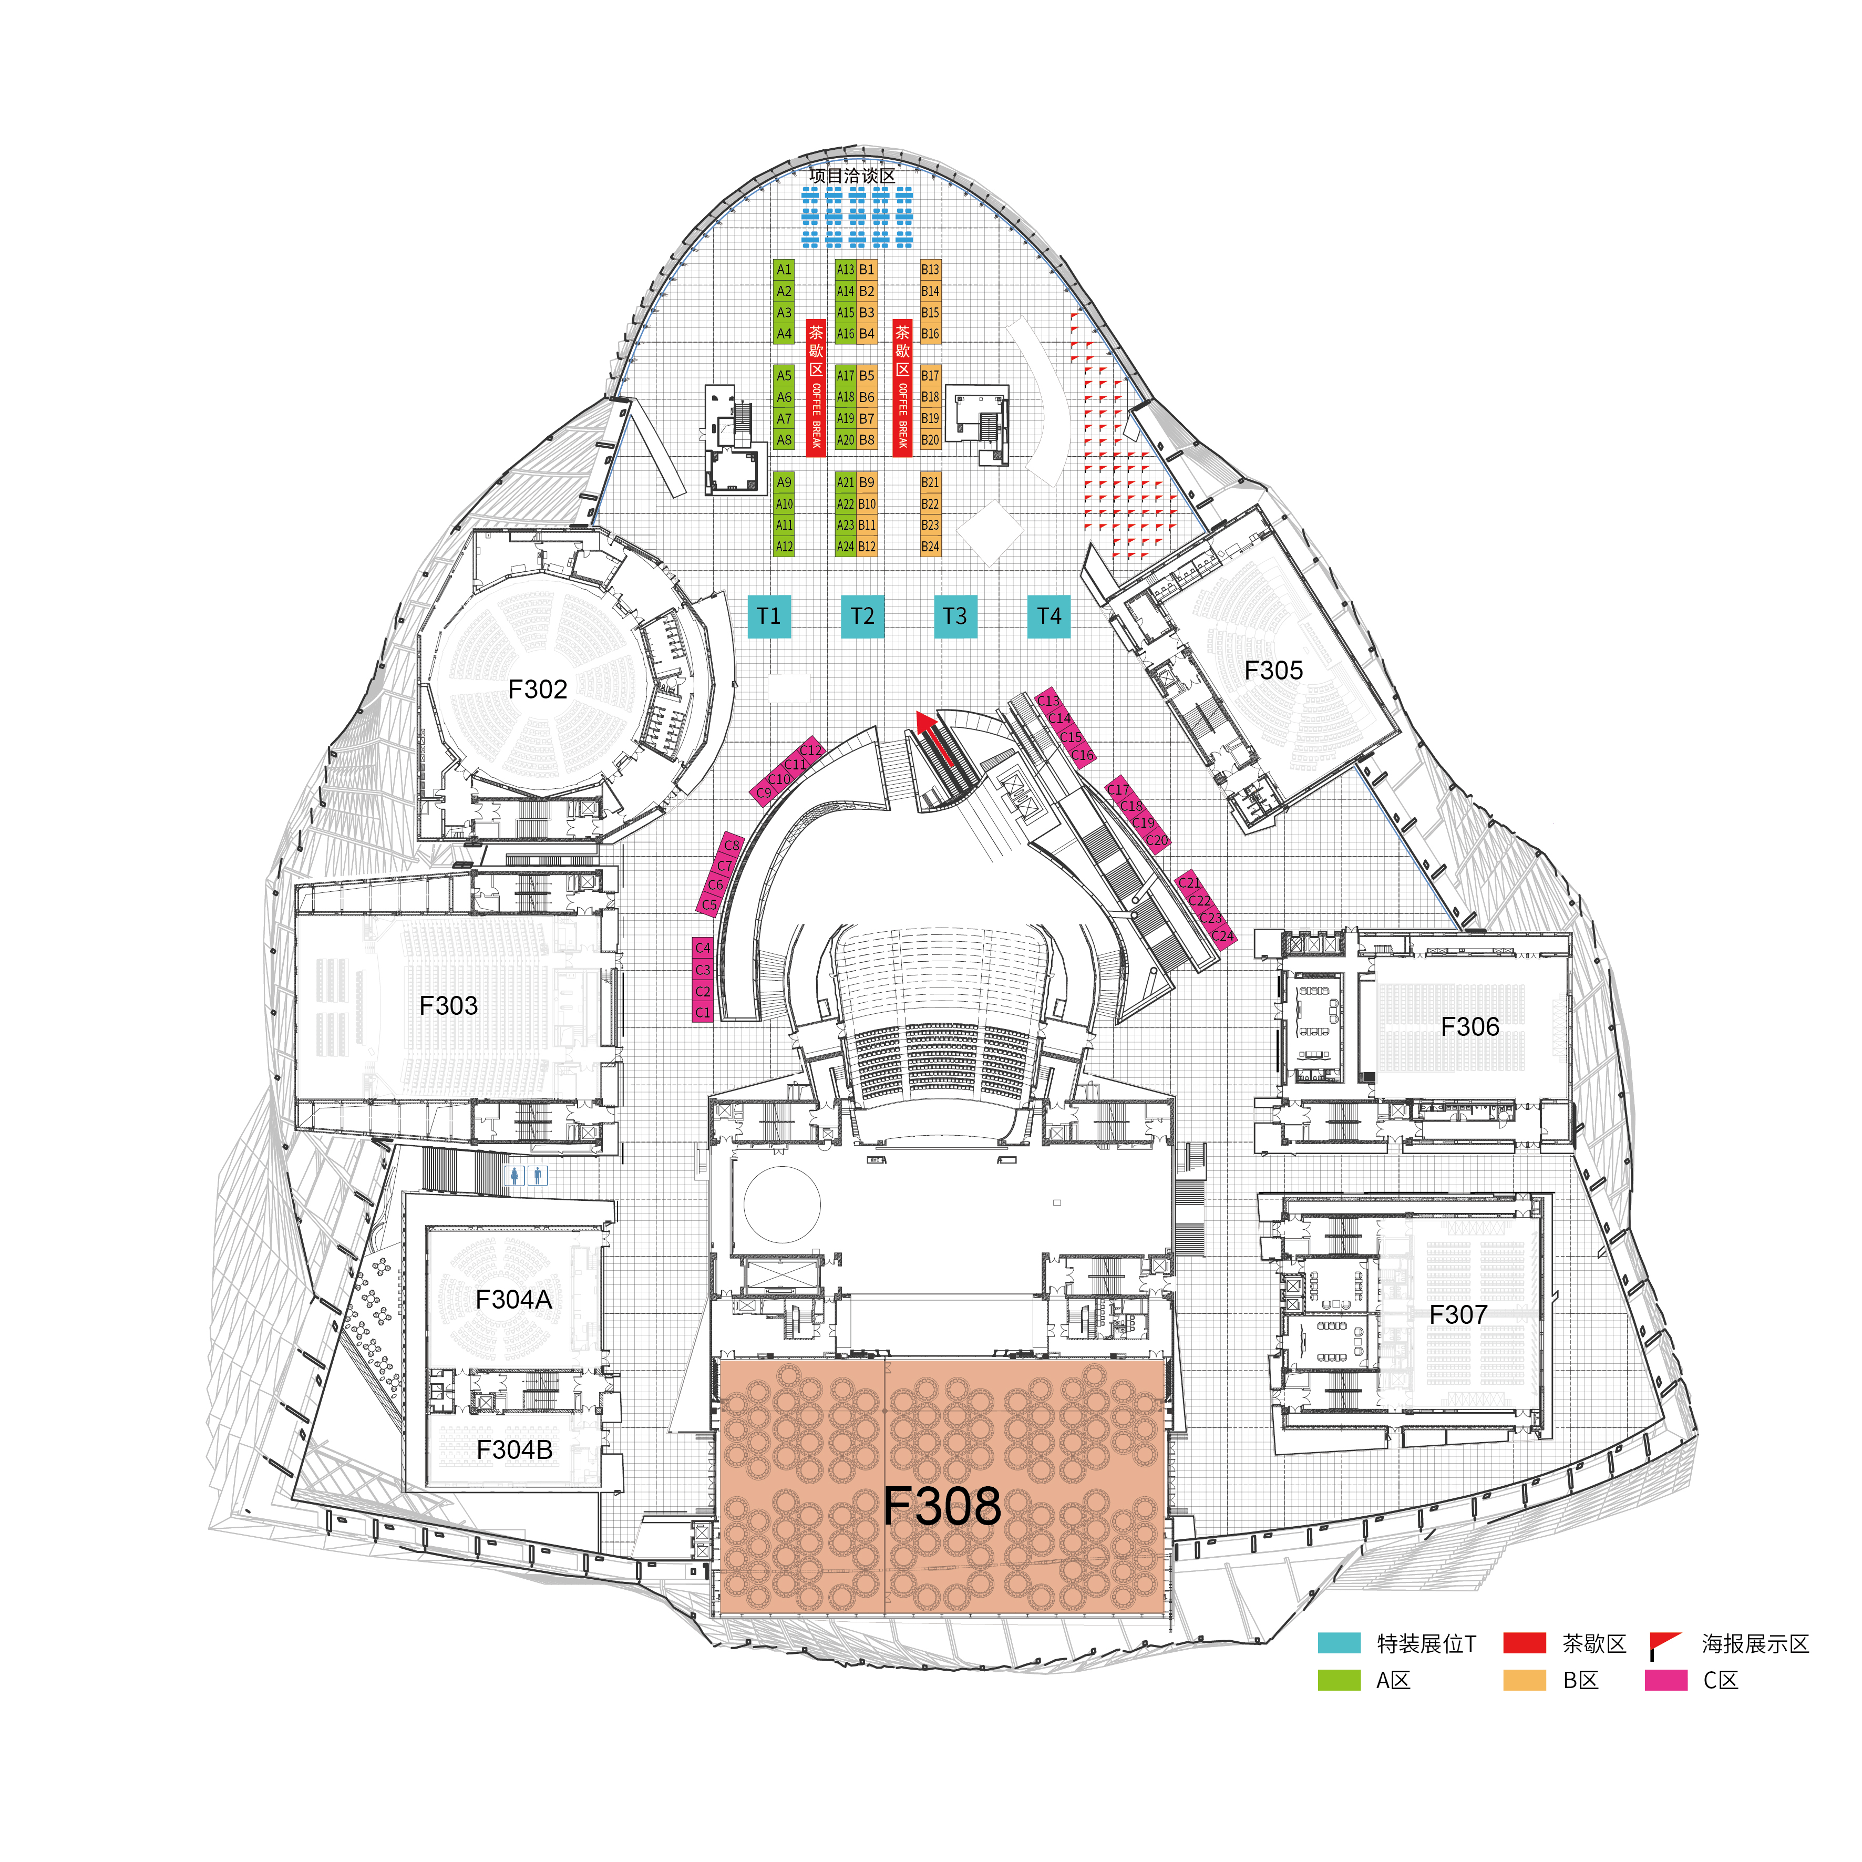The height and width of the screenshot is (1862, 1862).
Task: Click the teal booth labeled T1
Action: (769, 616)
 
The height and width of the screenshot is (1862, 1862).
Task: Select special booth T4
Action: (1048, 616)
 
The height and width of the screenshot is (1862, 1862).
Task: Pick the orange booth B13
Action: (930, 270)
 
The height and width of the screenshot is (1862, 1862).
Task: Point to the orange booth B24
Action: (930, 547)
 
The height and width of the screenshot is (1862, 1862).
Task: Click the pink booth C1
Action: (703, 1012)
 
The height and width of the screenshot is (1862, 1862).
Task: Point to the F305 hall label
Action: (1273, 670)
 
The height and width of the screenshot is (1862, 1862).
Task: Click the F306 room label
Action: (1470, 1026)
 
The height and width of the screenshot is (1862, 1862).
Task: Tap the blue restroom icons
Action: (526, 1175)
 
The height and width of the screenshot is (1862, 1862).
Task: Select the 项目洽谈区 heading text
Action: (852, 176)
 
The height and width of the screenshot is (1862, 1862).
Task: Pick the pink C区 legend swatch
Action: (1666, 1680)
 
